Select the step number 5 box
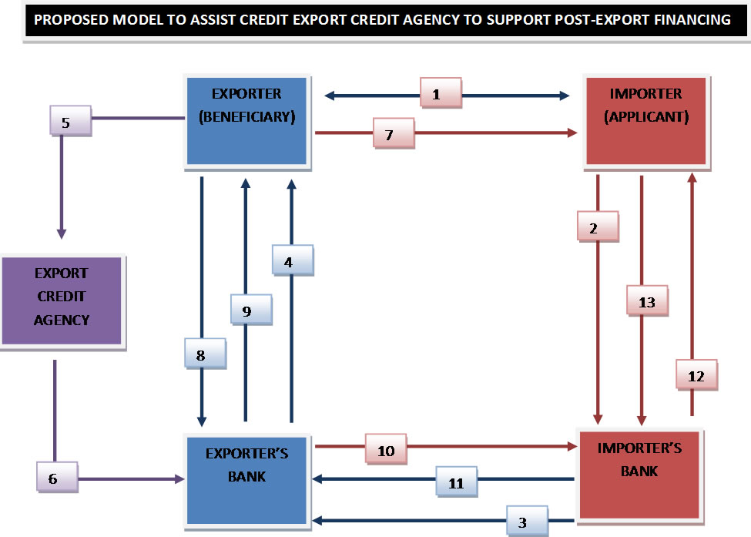(x=67, y=123)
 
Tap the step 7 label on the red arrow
(x=390, y=134)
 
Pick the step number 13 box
(x=647, y=302)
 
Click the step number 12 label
(x=696, y=377)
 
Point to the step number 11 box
(x=456, y=483)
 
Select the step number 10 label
(x=386, y=451)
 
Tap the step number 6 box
(x=54, y=478)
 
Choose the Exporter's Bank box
(x=246, y=478)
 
